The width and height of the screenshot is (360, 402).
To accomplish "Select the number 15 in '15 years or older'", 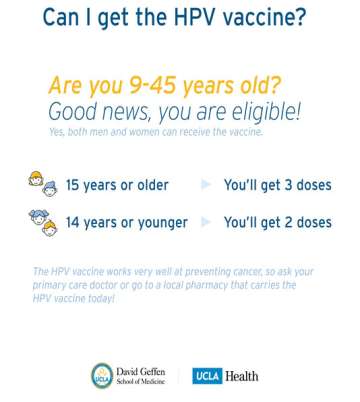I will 74,185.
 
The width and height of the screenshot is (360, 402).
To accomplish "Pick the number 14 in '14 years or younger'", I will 74,222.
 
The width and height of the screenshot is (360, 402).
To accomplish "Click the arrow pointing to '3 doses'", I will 205,185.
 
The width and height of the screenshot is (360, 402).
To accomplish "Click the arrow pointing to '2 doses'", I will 205,222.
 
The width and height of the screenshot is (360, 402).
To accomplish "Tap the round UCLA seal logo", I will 102,375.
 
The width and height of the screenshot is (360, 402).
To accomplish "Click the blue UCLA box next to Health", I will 211,376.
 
